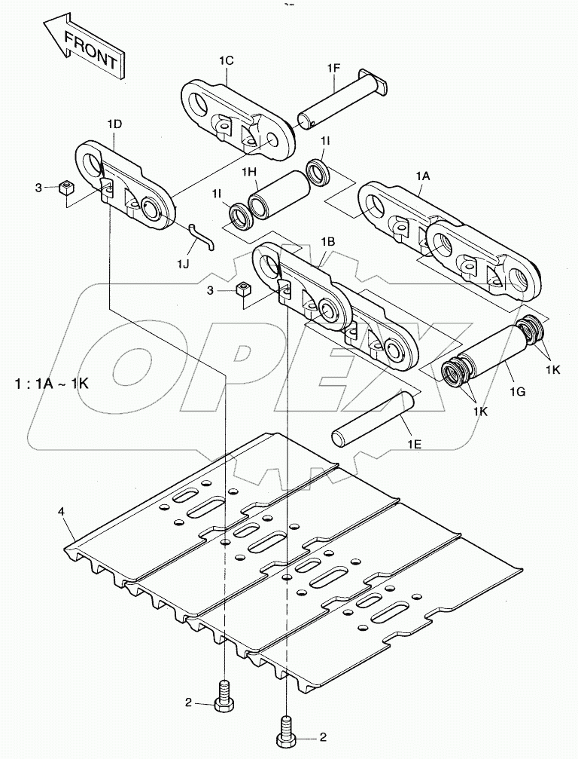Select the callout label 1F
pyautogui.click(x=334, y=69)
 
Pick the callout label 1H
pyautogui.click(x=250, y=173)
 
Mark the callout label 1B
pyautogui.click(x=327, y=241)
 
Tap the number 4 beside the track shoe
pyautogui.click(x=61, y=513)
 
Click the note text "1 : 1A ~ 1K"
pyautogui.click(x=51, y=383)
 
